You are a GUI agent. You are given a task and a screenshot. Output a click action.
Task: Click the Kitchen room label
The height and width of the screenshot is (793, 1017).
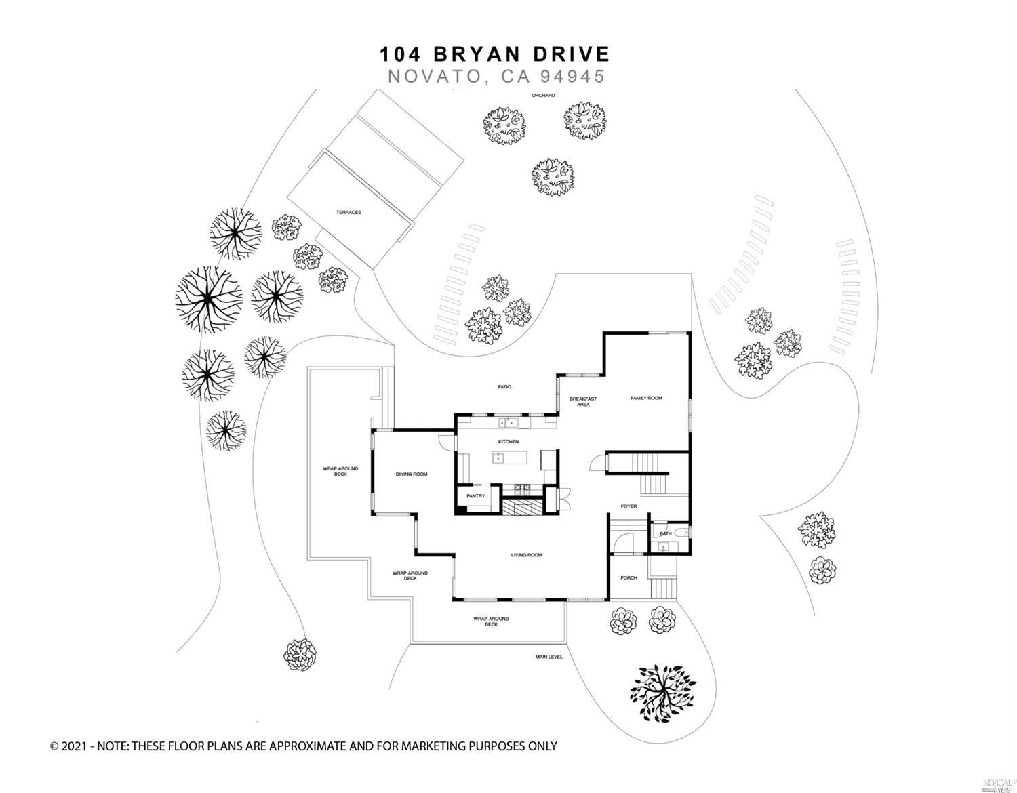coord(508,442)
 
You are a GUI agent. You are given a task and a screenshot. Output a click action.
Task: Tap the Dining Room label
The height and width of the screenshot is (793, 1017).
coord(412,474)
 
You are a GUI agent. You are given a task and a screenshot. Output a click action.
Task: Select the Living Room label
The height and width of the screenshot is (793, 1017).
coord(526,555)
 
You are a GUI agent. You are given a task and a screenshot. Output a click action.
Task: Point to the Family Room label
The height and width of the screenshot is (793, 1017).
coord(645,398)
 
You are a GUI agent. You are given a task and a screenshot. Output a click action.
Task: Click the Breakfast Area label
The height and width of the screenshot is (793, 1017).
coord(582,401)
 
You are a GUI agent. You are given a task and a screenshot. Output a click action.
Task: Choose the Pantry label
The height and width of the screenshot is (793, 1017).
coord(475,496)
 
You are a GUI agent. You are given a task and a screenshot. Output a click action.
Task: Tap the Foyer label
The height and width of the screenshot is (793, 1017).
coord(629,506)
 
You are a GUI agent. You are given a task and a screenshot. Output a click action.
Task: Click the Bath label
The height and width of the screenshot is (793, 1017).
coord(666,533)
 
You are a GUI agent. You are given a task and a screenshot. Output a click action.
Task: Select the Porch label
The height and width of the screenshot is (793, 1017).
coord(629,578)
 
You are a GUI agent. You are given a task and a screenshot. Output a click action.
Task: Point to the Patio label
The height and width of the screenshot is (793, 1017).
coord(504,387)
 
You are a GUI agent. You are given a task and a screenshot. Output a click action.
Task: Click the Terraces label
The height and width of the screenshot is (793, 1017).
coord(348,212)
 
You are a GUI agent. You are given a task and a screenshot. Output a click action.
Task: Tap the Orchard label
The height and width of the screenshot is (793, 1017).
coord(543,96)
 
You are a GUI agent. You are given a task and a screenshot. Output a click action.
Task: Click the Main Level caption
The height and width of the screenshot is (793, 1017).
coord(549,657)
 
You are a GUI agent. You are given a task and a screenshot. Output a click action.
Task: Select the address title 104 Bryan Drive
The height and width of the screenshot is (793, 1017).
coord(494,54)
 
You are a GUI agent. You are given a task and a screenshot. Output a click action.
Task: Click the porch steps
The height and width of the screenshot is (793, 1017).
coord(664,588)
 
